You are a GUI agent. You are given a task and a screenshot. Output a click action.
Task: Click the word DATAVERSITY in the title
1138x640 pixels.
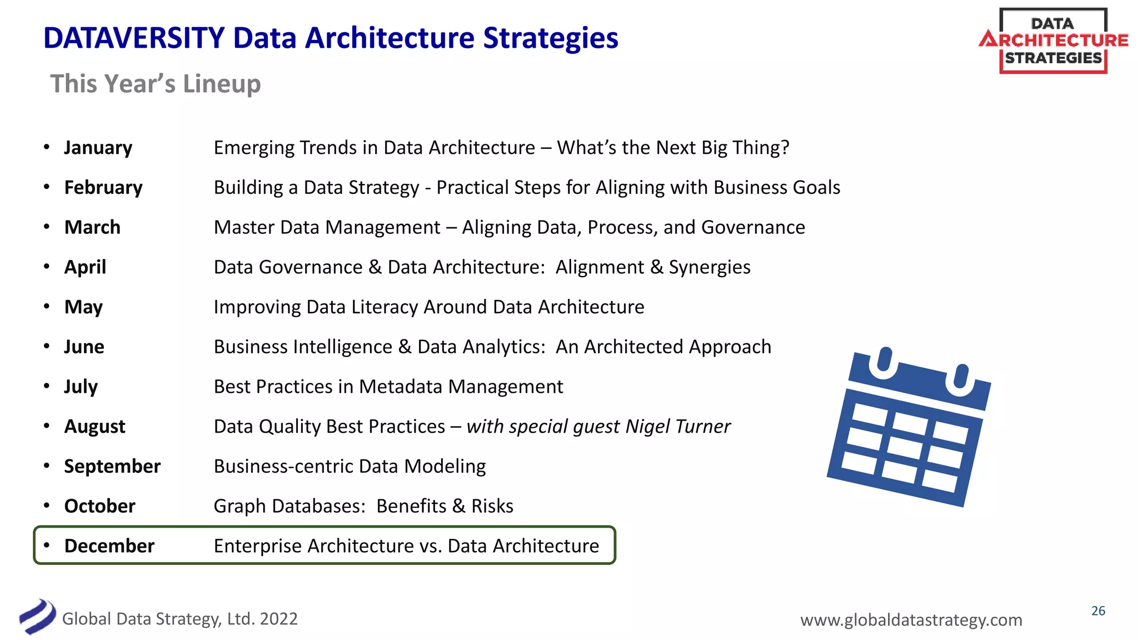pos(134,38)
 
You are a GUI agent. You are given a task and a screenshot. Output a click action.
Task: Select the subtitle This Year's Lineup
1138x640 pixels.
pos(156,84)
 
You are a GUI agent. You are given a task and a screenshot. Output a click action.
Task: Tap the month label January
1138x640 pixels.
pos(98,148)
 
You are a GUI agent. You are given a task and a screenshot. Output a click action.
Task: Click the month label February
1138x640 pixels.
pos(103,188)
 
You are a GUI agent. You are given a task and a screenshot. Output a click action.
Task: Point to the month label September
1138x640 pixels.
pos(112,466)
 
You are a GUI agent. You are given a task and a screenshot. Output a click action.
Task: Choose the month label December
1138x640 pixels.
pos(109,546)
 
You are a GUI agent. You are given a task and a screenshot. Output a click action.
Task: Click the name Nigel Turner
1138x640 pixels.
pos(678,426)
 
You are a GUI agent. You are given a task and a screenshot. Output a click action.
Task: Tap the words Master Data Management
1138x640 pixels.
pos(327,227)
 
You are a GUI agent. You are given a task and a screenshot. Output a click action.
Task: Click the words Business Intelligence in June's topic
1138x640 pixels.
pos(303,347)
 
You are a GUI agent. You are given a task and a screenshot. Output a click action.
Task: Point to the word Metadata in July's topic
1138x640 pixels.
pos(401,387)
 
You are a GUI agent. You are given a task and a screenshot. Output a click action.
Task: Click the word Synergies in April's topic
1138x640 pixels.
pos(710,267)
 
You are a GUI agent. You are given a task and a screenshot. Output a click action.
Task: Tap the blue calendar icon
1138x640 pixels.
pos(909,428)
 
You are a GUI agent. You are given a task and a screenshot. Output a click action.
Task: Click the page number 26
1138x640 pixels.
pos(1098,611)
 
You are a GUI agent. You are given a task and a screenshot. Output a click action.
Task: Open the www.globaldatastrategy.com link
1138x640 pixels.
pos(911,619)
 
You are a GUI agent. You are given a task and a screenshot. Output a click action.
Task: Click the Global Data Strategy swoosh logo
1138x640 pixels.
pos(37,616)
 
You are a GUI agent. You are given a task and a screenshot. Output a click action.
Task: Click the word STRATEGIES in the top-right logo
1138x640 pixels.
pos(1053,58)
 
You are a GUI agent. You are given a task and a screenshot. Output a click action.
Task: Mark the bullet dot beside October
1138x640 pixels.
pos(47,506)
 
